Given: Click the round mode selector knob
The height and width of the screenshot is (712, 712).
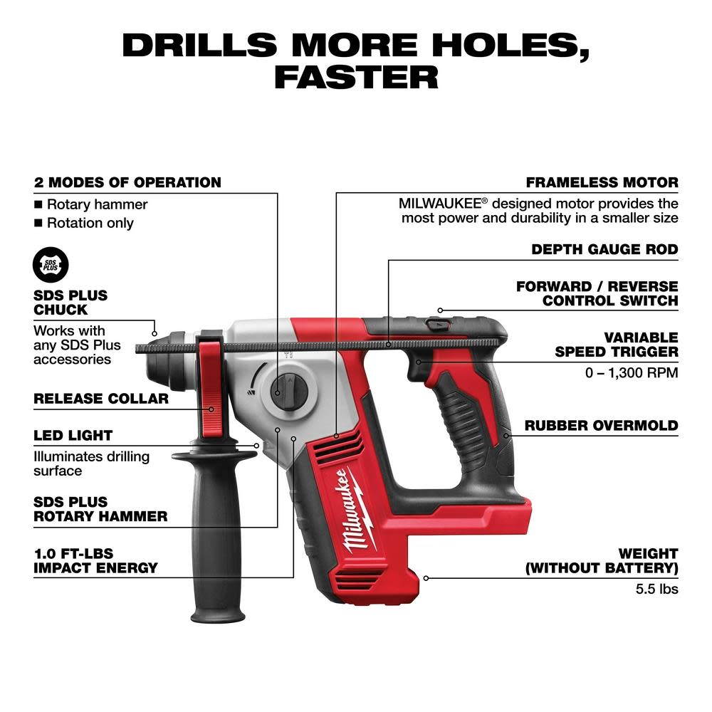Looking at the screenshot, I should pyautogui.click(x=288, y=390).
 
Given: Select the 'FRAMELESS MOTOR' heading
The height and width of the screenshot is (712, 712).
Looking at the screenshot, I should pyautogui.click(x=602, y=183).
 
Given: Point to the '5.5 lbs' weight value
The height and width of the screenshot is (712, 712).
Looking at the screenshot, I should pyautogui.click(x=656, y=589).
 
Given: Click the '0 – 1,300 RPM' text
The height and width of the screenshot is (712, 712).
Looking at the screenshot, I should pyautogui.click(x=636, y=372).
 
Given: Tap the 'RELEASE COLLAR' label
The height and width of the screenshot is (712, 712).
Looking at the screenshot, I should pyautogui.click(x=101, y=399).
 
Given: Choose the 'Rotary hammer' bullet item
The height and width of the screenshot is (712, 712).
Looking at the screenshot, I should pyautogui.click(x=97, y=204).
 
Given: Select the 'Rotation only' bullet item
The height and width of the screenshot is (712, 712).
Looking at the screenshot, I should pyautogui.click(x=90, y=223).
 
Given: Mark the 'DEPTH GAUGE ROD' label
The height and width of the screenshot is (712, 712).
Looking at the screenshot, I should pyautogui.click(x=604, y=250).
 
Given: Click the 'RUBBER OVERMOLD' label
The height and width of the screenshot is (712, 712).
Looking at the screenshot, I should pyautogui.click(x=602, y=426).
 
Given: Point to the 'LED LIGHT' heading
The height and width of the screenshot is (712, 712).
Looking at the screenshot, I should pyautogui.click(x=73, y=436).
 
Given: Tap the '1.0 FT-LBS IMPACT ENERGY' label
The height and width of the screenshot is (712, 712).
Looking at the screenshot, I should pyautogui.click(x=95, y=560).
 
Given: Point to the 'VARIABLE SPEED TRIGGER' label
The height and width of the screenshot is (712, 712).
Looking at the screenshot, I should pyautogui.click(x=616, y=344).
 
